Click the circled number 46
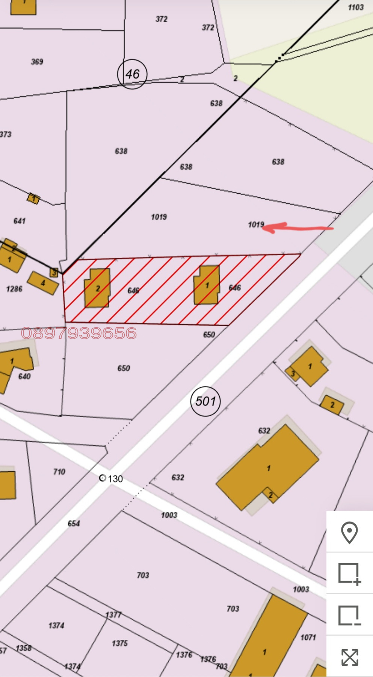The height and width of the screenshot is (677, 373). pos(132,74)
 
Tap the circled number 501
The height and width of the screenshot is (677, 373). pos(205,401)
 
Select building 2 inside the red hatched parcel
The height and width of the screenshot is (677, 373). pos(98,288)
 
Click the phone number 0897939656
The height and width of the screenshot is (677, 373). pos(79,333)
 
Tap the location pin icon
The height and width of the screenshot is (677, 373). pos(349,532)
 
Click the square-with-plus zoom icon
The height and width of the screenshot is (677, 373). pos(349,574)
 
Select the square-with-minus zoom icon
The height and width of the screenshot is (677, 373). pos(349,616)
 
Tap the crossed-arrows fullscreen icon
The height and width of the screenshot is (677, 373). pos(349,657)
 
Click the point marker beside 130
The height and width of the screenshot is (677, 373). pos(102,478)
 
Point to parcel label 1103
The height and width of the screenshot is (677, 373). pos(355,8)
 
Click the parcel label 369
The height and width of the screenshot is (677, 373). pos(37,62)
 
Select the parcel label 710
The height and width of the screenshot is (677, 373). pos(59,472)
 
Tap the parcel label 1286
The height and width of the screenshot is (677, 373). pos(14,289)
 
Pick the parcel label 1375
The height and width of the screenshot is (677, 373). pos(119,643)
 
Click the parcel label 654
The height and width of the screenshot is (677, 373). pos(74,523)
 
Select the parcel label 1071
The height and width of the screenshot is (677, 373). pos(308,637)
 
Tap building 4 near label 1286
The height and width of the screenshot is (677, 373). pos(43,283)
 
